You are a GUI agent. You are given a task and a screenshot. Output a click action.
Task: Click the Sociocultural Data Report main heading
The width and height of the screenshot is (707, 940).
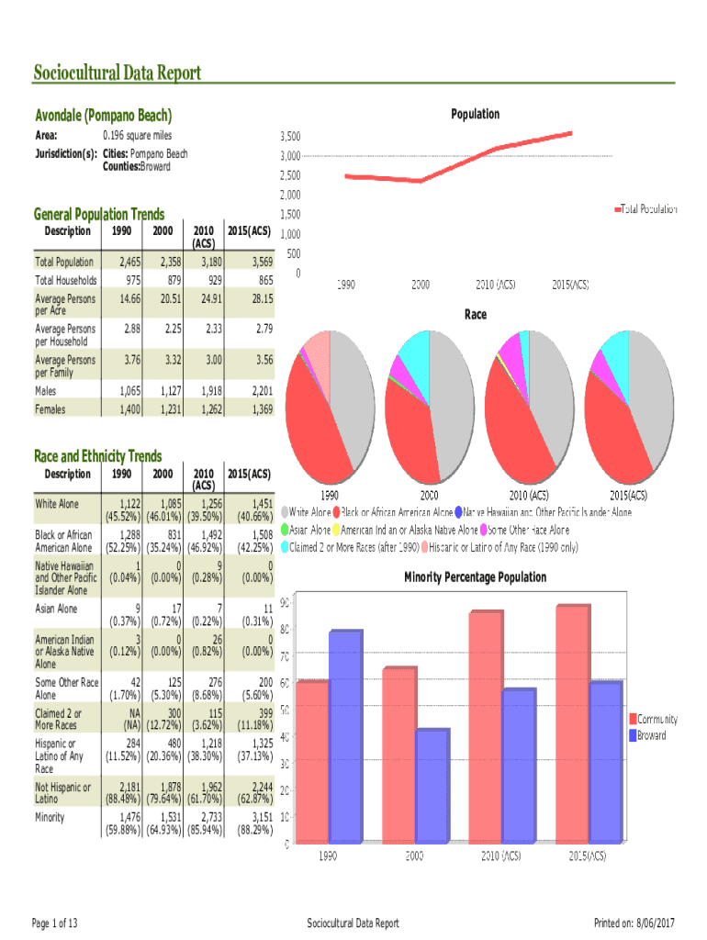117,73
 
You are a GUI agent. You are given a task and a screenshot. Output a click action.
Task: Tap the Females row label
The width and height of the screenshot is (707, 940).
50,409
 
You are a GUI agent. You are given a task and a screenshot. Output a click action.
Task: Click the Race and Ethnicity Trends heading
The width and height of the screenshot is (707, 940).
97,456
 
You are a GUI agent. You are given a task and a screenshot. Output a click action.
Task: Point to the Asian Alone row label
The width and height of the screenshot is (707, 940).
56,609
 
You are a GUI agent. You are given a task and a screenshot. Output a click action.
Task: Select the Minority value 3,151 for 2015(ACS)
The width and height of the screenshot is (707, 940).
256,817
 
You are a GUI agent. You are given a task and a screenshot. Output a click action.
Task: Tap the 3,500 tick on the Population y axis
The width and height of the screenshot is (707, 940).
289,136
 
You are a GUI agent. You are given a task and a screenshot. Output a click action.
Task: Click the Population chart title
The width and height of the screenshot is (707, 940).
475,114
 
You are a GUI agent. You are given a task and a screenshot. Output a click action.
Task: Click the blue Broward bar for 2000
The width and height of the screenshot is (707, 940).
432,785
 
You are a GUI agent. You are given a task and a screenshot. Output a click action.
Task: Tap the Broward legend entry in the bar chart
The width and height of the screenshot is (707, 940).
651,735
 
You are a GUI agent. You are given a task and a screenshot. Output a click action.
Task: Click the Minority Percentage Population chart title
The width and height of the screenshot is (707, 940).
475,577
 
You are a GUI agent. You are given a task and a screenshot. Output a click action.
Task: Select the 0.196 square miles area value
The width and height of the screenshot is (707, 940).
137,136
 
